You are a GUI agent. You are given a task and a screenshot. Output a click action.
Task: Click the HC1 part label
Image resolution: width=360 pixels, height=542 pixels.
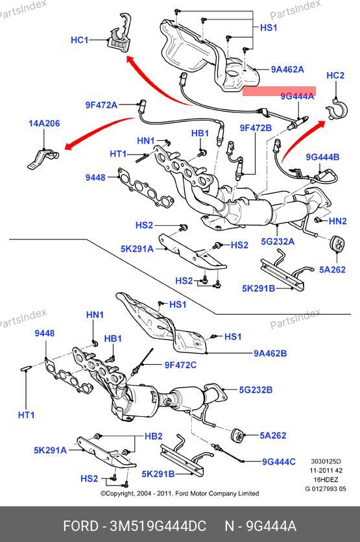(80, 40)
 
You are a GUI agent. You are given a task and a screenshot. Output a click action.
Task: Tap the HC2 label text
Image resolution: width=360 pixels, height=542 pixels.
(335, 75)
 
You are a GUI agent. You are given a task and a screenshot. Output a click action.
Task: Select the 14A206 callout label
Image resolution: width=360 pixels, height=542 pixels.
(44, 123)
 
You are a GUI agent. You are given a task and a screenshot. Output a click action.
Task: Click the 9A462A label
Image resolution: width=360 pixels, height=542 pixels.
(287, 69)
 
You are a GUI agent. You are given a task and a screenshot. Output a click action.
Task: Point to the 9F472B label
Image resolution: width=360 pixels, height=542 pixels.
(256, 129)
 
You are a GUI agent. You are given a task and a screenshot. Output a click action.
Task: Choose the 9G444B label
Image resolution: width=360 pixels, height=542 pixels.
(322, 157)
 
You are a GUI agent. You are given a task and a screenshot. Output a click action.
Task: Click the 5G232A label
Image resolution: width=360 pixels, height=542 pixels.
(278, 241)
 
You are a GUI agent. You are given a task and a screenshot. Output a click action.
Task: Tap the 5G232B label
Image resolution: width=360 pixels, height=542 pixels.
(256, 390)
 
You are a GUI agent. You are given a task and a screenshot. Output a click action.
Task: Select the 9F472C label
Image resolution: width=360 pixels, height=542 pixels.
(180, 365)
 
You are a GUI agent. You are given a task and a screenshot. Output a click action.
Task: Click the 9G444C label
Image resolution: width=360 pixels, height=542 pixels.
(279, 462)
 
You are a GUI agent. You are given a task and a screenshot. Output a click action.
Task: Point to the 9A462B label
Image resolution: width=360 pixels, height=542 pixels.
(270, 353)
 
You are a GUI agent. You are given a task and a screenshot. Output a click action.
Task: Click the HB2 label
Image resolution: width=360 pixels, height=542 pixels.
(153, 436)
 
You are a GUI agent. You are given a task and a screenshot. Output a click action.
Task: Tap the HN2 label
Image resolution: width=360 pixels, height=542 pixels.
(337, 221)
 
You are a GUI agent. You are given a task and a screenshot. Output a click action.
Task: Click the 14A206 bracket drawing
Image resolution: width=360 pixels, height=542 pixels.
(42, 158)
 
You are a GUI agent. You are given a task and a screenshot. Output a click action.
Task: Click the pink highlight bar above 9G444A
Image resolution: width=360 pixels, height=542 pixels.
(279, 91)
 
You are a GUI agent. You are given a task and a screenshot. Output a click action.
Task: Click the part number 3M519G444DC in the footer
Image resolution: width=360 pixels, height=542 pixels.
(158, 526)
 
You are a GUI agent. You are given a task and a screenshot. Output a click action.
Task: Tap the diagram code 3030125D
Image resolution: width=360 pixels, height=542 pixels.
(326, 462)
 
